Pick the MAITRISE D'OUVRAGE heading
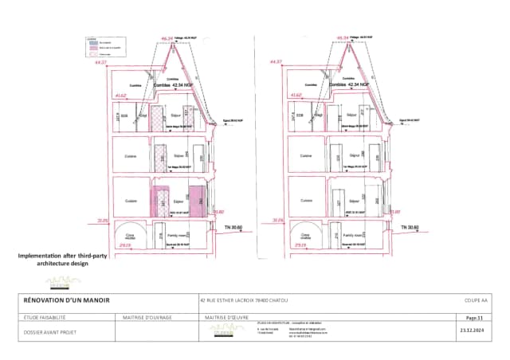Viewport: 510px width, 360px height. (x=144, y=316)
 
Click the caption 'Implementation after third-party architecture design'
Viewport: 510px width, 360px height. (x=53, y=260)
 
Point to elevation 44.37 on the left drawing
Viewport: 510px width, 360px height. (x=100, y=61)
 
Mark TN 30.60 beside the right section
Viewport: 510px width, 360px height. (x=411, y=226)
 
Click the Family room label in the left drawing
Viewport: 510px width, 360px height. (x=176, y=236)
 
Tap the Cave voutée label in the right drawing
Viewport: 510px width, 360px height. (x=303, y=237)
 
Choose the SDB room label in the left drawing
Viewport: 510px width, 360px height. (x=125, y=114)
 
